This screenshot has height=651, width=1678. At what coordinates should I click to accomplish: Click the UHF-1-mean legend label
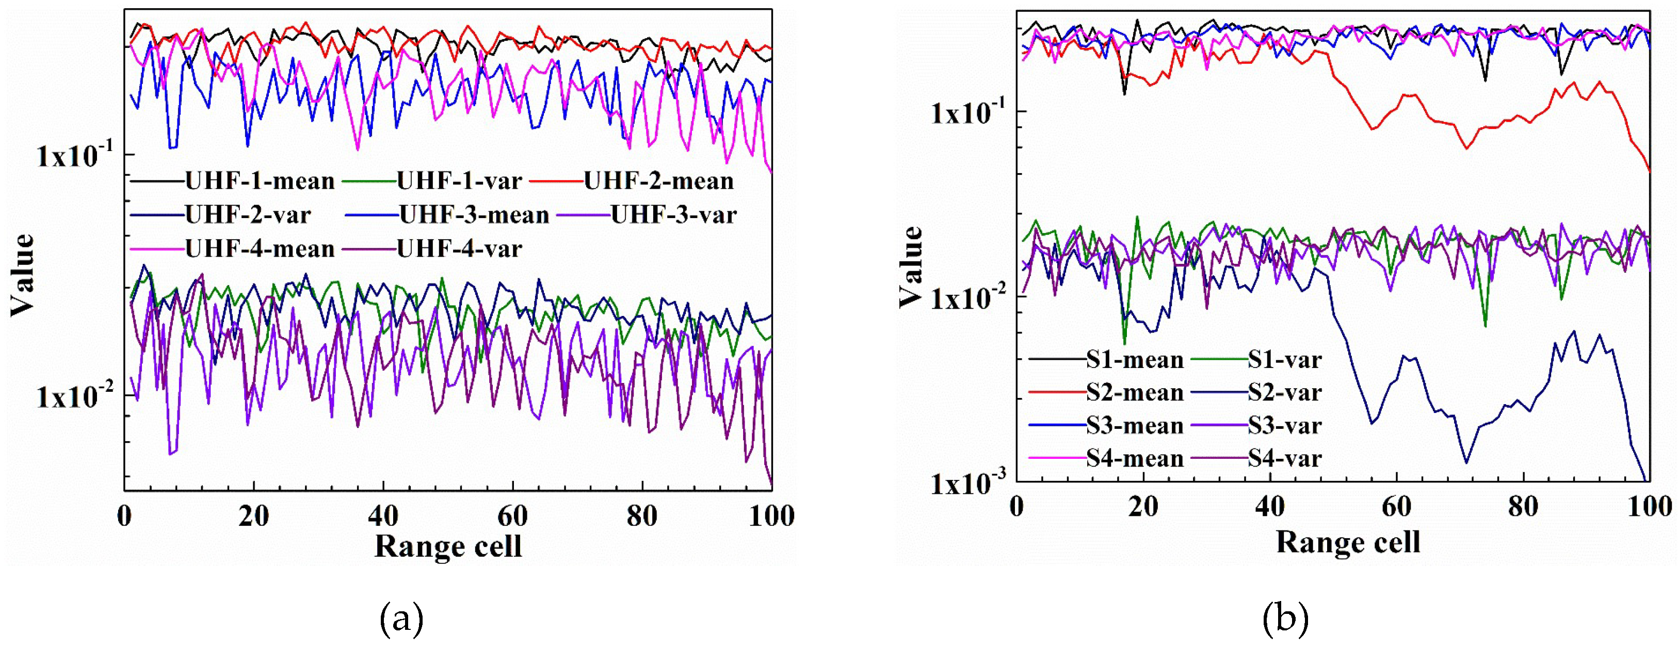click(260, 181)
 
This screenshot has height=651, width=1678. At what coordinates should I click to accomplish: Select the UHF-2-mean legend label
click(658, 181)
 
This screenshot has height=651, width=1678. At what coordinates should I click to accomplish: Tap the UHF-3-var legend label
click(673, 215)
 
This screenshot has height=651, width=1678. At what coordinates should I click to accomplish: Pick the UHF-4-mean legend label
click(260, 248)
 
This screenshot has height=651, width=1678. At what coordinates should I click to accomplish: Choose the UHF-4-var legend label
click(459, 248)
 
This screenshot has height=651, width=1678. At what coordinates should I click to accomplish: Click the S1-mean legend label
click(1134, 359)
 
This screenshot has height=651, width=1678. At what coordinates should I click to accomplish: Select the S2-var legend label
click(1284, 393)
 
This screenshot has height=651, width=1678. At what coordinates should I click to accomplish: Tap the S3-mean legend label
click(1134, 426)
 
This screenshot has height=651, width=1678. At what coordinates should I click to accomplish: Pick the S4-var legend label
click(1284, 459)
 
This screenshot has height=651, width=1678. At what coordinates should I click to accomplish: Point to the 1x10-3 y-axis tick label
click(969, 483)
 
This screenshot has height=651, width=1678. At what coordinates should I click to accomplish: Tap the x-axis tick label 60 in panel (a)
click(513, 516)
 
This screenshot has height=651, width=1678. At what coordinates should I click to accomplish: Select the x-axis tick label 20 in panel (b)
click(1143, 507)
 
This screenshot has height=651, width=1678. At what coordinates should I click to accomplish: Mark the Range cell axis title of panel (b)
click(1348, 542)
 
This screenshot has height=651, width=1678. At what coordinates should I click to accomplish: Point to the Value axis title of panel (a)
click(23, 274)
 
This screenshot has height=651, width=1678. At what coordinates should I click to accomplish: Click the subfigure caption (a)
click(401, 619)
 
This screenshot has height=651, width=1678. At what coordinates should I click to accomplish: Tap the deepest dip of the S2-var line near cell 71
click(1466, 463)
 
